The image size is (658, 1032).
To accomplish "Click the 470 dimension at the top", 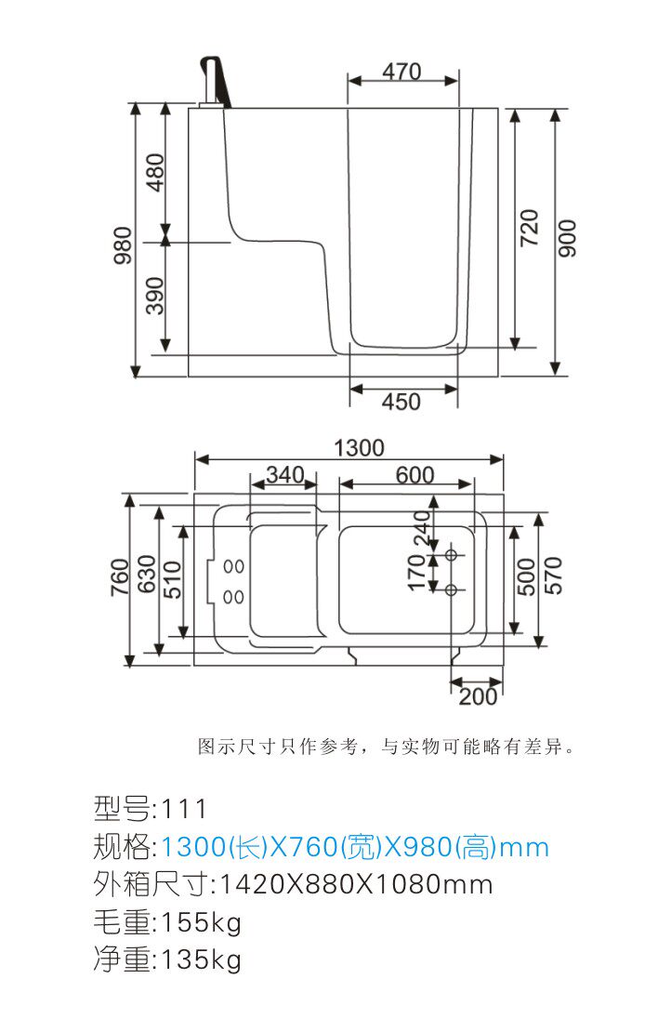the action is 401,71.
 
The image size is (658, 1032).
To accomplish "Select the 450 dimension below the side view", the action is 401,402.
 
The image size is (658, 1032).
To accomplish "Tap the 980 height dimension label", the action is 123,245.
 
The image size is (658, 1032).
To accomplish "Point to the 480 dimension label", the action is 155,172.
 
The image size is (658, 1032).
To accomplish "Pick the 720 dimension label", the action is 529,228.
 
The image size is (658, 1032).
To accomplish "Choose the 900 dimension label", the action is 567,238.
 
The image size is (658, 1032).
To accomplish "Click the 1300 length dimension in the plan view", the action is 359,448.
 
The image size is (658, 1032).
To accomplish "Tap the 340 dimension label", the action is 285,474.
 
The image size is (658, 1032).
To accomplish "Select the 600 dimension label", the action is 415,474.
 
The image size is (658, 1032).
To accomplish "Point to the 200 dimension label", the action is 479,696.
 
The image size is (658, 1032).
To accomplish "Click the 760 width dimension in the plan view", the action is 120,577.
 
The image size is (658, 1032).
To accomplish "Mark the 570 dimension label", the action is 554,576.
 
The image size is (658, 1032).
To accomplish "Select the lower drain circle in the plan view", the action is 451,589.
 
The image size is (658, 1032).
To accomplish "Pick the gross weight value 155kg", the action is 202,922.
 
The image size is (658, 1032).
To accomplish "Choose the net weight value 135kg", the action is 202,960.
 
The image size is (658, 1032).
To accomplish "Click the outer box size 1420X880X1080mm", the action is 355,884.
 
